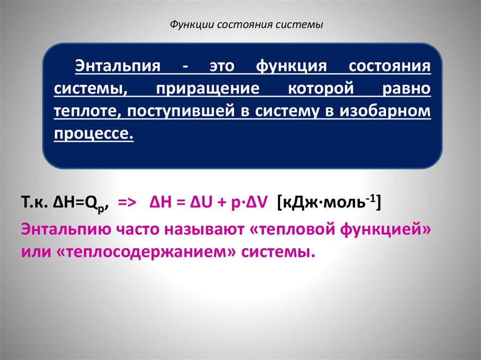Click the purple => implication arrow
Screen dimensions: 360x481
tap(127, 204)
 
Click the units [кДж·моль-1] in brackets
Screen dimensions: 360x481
tap(329, 203)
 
